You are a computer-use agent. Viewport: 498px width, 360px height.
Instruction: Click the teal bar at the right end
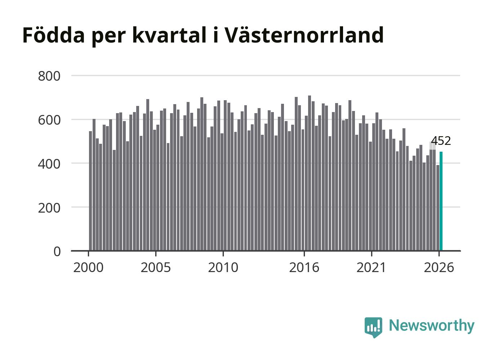441,201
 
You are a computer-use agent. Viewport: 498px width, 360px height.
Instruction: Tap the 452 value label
441,141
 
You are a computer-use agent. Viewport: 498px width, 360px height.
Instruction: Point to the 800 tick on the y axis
49,76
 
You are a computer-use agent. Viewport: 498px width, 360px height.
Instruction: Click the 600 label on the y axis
49,120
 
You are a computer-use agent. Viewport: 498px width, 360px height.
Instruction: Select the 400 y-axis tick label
49,164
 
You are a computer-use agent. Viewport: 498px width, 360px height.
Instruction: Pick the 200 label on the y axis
49,208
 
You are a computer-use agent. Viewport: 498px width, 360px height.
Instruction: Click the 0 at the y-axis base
57,252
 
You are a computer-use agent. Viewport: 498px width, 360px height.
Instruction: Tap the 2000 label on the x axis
88,267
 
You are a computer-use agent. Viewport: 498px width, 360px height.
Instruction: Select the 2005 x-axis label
156,267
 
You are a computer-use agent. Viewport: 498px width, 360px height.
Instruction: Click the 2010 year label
223,267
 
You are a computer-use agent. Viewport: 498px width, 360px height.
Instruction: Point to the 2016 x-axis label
304,267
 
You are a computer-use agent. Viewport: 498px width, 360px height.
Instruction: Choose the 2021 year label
371,267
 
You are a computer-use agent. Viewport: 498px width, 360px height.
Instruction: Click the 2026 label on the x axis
439,267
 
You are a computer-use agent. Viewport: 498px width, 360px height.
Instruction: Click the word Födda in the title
54,35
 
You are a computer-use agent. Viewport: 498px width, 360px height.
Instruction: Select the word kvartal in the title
169,35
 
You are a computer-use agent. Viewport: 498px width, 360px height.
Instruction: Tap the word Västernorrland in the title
305,35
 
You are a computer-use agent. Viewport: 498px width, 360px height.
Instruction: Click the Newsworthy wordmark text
432,326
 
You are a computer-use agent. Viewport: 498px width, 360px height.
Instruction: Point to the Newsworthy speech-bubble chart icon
373,327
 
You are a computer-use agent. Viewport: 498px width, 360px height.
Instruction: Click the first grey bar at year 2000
90,191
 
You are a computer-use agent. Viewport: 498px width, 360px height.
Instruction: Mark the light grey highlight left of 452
433,146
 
